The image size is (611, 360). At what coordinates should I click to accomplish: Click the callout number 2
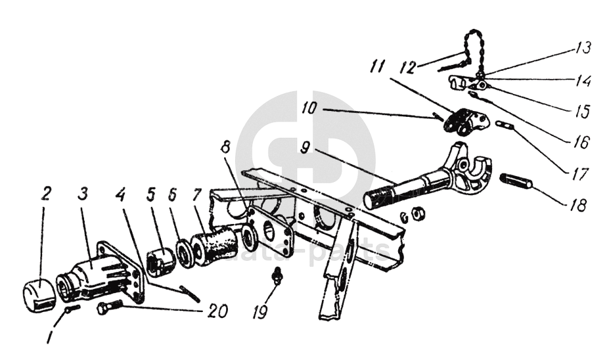tap(46, 193)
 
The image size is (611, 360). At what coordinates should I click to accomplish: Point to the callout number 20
tap(217, 311)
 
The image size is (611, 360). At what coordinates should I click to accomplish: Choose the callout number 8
tap(225, 147)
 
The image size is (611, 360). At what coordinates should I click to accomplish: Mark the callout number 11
tap(376, 66)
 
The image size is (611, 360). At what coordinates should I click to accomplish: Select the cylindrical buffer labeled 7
tap(215, 246)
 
